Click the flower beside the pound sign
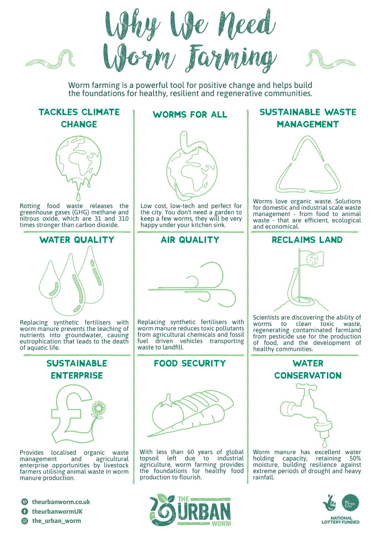99,408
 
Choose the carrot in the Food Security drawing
185,423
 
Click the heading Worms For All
190,115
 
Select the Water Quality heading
77,240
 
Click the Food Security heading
190,363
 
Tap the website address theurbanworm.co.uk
61,502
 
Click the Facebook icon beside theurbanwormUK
24,511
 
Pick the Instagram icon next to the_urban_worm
24,521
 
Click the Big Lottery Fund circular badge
351,503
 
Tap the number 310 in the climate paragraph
123,219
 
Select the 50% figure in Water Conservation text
355,458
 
